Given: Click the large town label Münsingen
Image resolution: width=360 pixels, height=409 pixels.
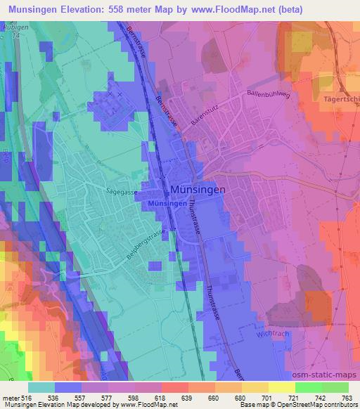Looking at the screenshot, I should pos(198,190).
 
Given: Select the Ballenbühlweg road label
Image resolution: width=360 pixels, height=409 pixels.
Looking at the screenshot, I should pos(268,93).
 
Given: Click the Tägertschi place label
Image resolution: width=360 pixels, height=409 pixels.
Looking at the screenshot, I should pos(340,99).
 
